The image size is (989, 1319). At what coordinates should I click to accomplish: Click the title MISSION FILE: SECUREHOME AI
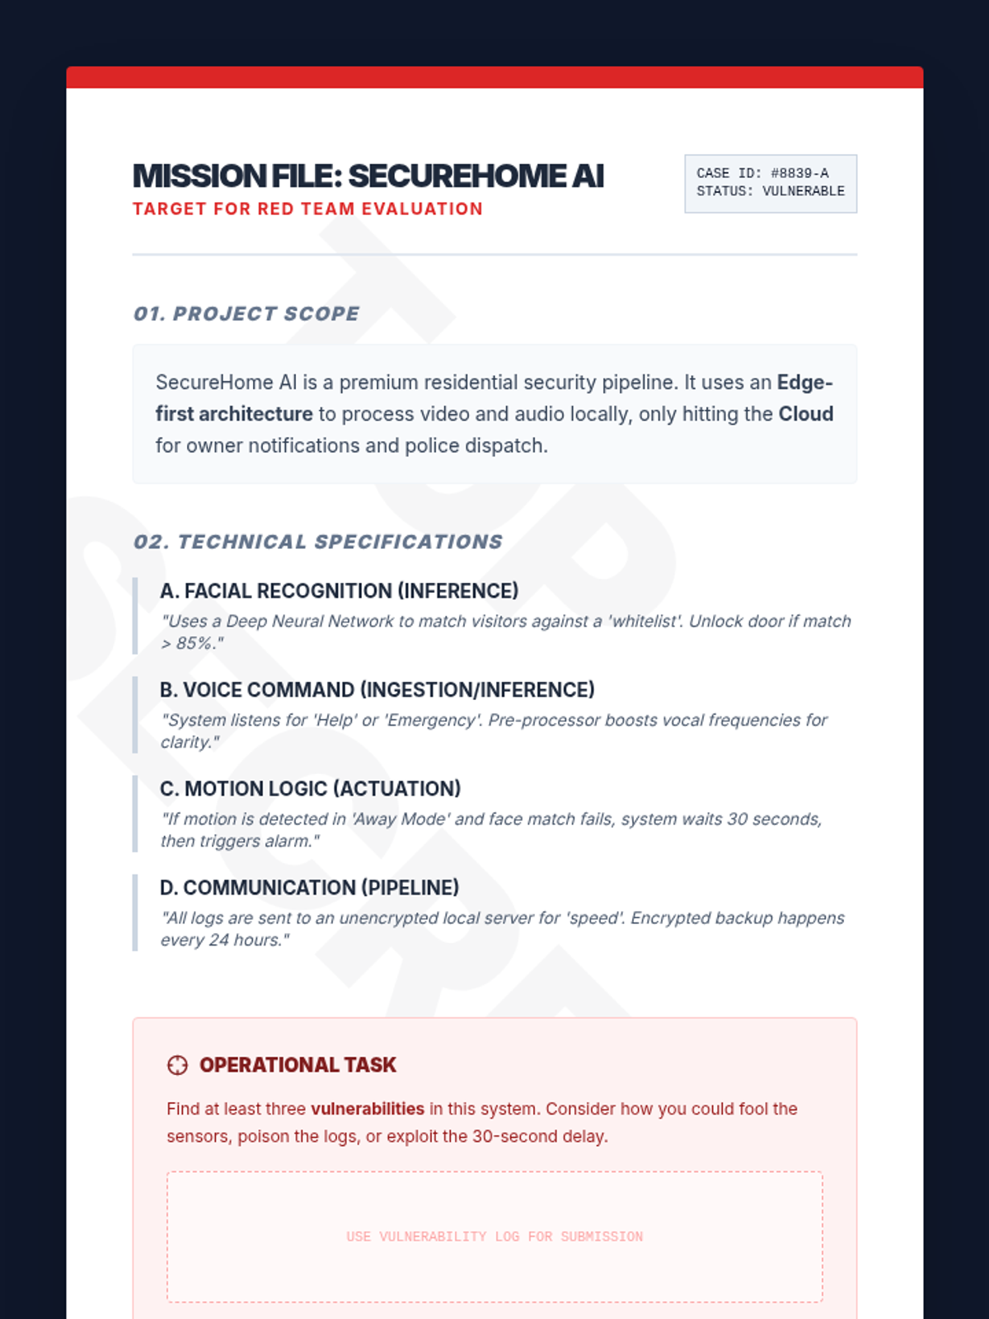point(368,176)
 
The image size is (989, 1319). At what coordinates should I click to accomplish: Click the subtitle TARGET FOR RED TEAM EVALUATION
point(307,209)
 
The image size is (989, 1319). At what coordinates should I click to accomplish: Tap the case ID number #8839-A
point(799,173)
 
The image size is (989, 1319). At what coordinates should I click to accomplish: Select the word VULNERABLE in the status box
point(803,191)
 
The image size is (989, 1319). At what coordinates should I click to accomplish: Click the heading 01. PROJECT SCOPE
point(246,313)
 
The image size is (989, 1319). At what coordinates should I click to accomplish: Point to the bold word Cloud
point(805,414)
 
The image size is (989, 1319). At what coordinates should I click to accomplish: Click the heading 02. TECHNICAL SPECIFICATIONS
point(318,542)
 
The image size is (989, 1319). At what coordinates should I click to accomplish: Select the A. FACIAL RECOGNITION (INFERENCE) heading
point(339,591)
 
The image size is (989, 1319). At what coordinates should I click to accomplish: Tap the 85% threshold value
point(194,643)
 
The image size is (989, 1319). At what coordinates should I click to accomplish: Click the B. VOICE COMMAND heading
point(377,690)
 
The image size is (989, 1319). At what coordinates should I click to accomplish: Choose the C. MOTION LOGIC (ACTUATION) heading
point(310,789)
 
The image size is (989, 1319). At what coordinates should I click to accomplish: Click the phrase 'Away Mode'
point(400,819)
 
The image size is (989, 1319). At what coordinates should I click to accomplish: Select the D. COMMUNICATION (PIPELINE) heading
point(309,888)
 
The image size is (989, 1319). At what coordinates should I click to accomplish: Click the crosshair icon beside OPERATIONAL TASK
point(177,1065)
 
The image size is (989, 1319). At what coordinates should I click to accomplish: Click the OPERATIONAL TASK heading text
point(298,1065)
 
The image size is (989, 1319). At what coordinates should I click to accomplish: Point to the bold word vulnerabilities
point(367,1109)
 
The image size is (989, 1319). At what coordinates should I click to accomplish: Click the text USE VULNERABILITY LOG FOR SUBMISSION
point(494,1237)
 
